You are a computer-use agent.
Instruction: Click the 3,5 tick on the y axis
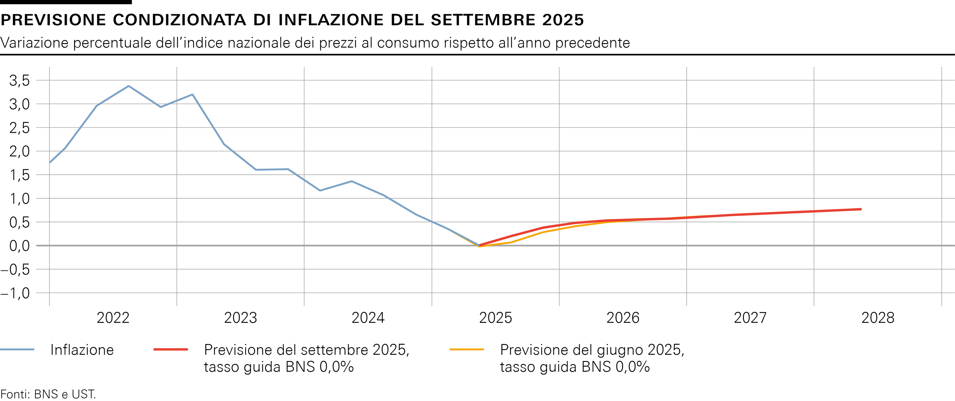19,80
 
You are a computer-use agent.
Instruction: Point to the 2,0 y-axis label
19,151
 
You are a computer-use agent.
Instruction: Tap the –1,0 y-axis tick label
16,293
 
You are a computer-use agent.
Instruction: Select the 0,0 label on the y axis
19,246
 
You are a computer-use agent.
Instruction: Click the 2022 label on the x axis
113,318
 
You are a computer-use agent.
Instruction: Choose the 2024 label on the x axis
368,318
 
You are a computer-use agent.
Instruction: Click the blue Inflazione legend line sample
17,349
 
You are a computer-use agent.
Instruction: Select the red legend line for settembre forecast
171,349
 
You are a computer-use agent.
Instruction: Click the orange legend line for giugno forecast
466,349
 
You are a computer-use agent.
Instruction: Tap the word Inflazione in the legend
82,350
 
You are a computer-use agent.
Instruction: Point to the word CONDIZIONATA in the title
179,20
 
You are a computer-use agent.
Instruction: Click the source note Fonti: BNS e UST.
48,394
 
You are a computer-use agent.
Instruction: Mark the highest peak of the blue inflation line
129,86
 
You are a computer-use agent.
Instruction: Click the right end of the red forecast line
861,209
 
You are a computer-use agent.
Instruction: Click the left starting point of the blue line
50,163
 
